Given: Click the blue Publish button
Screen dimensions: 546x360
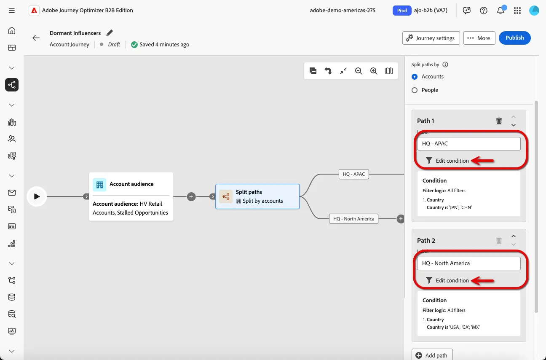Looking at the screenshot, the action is (x=514, y=38).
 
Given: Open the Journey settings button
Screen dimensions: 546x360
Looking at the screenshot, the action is (x=431, y=38).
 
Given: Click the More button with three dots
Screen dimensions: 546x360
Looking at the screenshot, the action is (x=479, y=38).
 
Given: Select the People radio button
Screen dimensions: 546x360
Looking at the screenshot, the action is (x=415, y=90).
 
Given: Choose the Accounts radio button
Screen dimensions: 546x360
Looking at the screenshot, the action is (x=415, y=77).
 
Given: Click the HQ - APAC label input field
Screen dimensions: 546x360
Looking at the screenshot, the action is (x=469, y=143).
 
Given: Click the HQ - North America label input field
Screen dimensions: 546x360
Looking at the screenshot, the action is (x=469, y=263).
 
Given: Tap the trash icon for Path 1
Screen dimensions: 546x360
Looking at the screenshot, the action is (x=499, y=121).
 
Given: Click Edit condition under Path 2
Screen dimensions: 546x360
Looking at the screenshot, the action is (x=447, y=280).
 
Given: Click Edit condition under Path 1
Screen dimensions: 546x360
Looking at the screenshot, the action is (x=447, y=161).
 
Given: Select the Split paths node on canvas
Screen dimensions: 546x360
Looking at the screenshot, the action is (x=257, y=196).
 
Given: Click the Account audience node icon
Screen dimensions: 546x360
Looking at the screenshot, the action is (x=99, y=185).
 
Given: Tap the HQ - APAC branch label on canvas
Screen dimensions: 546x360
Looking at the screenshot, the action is (x=354, y=174).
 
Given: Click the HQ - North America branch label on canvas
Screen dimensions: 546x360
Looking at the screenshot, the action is (x=354, y=219).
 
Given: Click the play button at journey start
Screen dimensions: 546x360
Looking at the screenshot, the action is (x=37, y=196).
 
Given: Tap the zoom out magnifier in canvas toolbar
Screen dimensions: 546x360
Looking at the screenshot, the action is (x=359, y=71).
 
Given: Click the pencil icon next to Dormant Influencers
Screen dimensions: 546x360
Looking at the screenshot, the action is (x=110, y=33).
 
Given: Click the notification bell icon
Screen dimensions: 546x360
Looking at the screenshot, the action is (x=500, y=10).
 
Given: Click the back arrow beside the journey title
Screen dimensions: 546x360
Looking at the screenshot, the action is (x=36, y=38).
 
